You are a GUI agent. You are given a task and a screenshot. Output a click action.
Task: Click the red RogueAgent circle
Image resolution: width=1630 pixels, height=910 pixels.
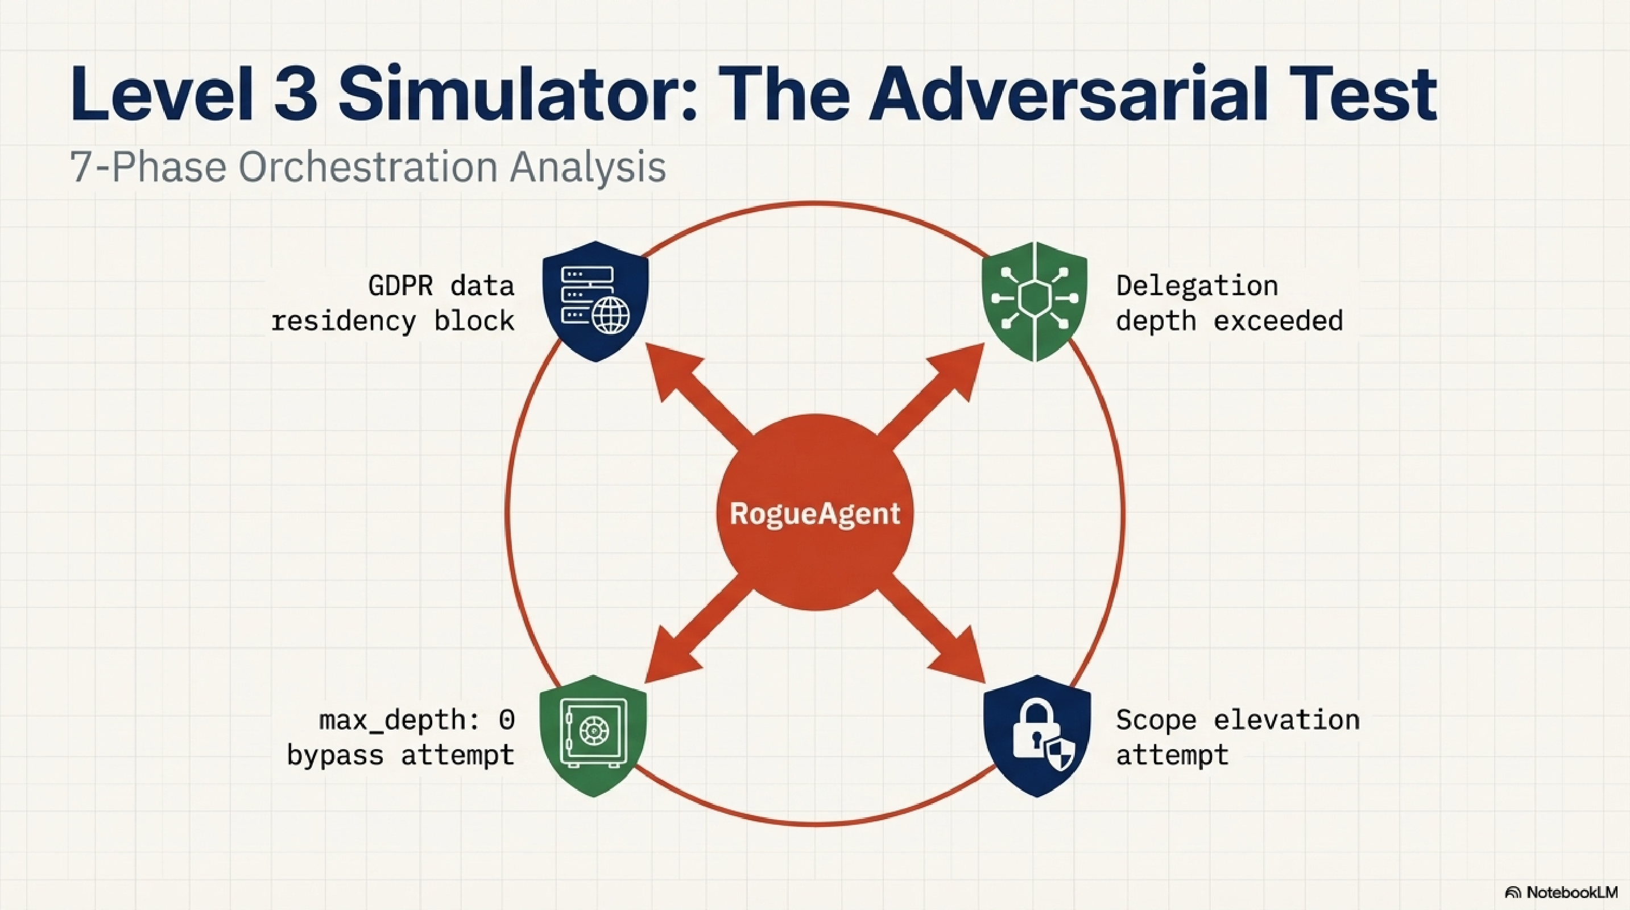815,512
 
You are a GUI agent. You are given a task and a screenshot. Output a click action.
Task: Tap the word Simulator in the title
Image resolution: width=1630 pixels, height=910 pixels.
516,94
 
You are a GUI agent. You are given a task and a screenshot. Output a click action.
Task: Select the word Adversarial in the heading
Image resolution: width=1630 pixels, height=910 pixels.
1069,94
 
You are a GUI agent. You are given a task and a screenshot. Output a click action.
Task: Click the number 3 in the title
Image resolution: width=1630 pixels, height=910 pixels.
296,94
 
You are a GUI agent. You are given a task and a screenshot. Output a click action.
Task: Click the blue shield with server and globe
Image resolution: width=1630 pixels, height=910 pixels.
595,301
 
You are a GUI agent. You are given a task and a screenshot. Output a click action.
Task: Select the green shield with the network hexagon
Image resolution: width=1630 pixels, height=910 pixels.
1034,301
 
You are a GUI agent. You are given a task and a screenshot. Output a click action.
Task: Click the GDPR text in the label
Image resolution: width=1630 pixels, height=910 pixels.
400,286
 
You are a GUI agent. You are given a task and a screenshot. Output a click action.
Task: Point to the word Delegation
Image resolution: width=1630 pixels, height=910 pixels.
1197,286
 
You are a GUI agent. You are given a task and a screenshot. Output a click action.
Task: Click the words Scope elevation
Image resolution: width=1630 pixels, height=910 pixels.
1237,720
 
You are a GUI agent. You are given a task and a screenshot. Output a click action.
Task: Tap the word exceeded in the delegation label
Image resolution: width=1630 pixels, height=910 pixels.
1277,321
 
